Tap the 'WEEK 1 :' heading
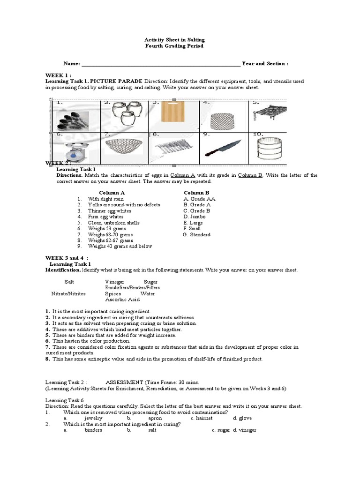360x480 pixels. coord(59,75)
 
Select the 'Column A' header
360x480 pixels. coord(112,193)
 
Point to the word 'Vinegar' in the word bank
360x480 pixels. coord(115,281)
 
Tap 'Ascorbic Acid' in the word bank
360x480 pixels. coord(122,300)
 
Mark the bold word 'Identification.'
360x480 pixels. coord(63,270)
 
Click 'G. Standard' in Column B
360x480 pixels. coord(197,235)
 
